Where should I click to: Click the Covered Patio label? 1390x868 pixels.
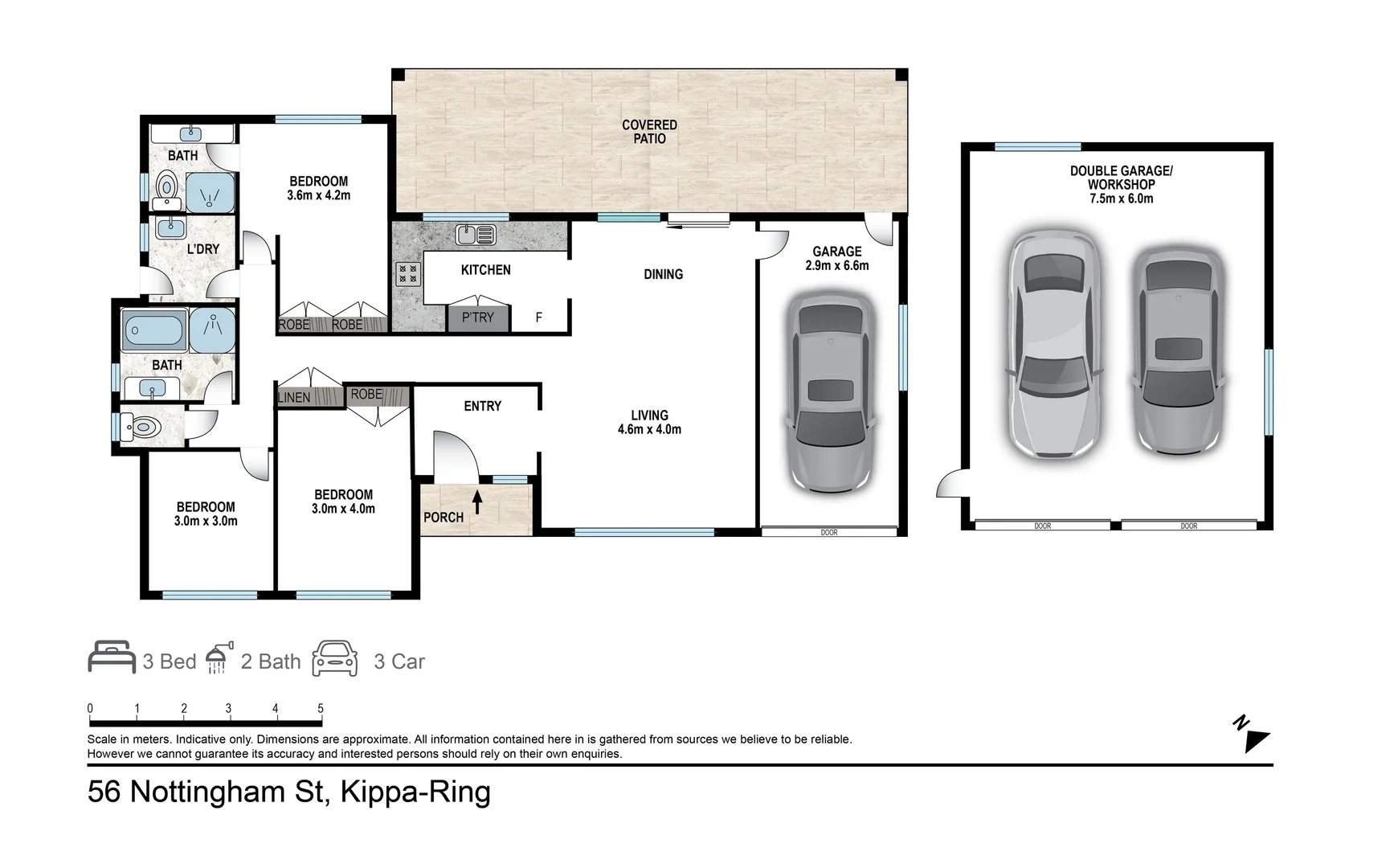pyautogui.click(x=649, y=132)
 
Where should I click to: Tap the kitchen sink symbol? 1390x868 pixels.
pyautogui.click(x=475, y=235)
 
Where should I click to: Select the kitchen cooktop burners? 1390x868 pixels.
pyautogui.click(x=408, y=274)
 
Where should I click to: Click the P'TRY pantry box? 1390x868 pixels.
pyautogui.click(x=478, y=317)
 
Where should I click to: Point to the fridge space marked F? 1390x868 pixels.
pyautogui.click(x=538, y=317)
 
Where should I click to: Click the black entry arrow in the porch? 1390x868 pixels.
pyautogui.click(x=477, y=502)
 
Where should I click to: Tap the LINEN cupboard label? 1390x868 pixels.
pyautogui.click(x=294, y=397)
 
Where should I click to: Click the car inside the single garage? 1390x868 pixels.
pyautogui.click(x=830, y=392)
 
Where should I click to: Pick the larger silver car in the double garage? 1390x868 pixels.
pyautogui.click(x=1054, y=344)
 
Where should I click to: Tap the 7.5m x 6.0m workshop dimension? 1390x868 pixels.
pyautogui.click(x=1121, y=199)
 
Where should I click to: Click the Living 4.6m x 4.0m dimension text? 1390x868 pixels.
pyautogui.click(x=649, y=429)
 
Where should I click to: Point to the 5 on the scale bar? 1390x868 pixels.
pyautogui.click(x=321, y=708)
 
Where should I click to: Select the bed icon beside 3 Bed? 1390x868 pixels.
pyautogui.click(x=112, y=657)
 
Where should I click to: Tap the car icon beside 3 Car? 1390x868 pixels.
pyautogui.click(x=335, y=658)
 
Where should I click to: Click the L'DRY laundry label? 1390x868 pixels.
pyautogui.click(x=202, y=249)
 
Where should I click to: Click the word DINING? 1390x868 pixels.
pyautogui.click(x=663, y=274)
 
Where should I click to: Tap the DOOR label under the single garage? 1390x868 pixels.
pyautogui.click(x=829, y=532)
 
